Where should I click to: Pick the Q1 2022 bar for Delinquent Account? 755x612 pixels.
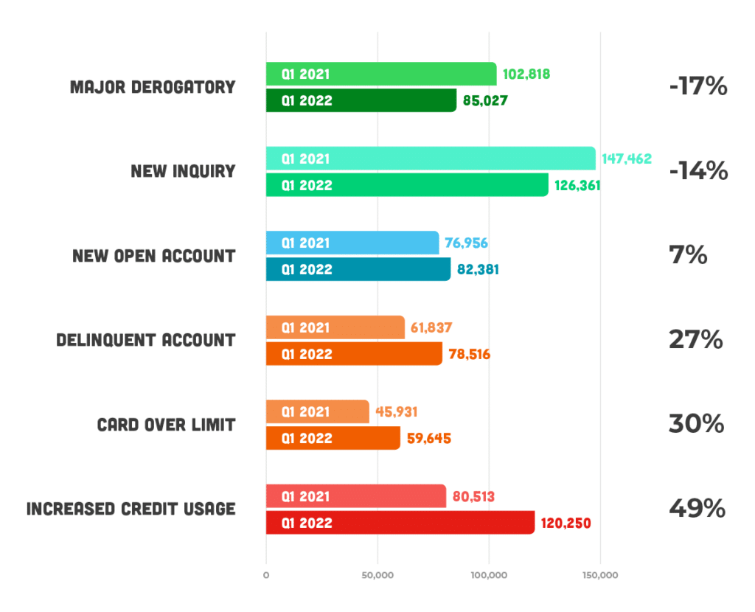(x=354, y=354)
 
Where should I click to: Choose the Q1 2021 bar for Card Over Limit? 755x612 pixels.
(x=317, y=411)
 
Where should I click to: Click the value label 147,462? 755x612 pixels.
(x=626, y=159)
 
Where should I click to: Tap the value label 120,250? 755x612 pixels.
(x=565, y=523)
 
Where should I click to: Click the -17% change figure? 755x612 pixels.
(x=697, y=87)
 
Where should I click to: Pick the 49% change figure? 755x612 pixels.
(x=697, y=509)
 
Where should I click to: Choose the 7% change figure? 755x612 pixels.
(x=688, y=256)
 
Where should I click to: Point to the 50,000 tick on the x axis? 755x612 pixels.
(x=377, y=575)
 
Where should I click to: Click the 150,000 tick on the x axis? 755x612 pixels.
(x=599, y=575)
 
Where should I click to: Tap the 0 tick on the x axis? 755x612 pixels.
(x=266, y=575)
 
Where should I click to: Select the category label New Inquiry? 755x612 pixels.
(x=183, y=171)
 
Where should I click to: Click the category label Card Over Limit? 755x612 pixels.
(x=166, y=425)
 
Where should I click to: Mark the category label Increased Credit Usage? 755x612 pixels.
(x=131, y=509)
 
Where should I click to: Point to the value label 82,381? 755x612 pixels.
(x=477, y=269)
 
